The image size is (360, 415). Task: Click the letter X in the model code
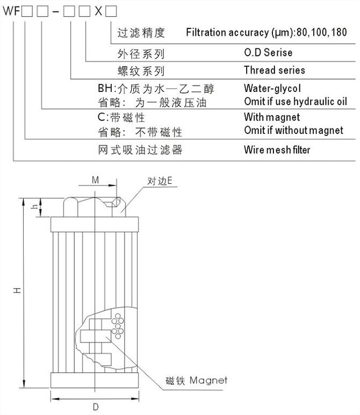coord(98,10)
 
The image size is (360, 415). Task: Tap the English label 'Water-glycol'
coord(272,88)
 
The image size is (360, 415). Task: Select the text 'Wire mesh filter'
coord(277,149)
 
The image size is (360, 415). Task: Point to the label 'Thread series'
coord(274,70)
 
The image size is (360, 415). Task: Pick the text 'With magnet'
coord(272,117)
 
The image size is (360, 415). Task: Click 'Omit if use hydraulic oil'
coord(295,101)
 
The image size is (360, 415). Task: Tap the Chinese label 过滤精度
coord(141,32)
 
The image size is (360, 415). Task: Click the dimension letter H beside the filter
coord(18,290)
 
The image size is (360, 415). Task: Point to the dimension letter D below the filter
coord(95,407)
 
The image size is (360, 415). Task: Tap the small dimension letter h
coord(34,206)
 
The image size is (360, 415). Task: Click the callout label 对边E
coord(160,181)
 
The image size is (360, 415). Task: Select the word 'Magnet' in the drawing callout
coord(209,380)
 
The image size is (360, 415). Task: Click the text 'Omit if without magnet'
coord(293,130)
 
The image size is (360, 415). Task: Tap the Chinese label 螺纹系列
coord(141,70)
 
